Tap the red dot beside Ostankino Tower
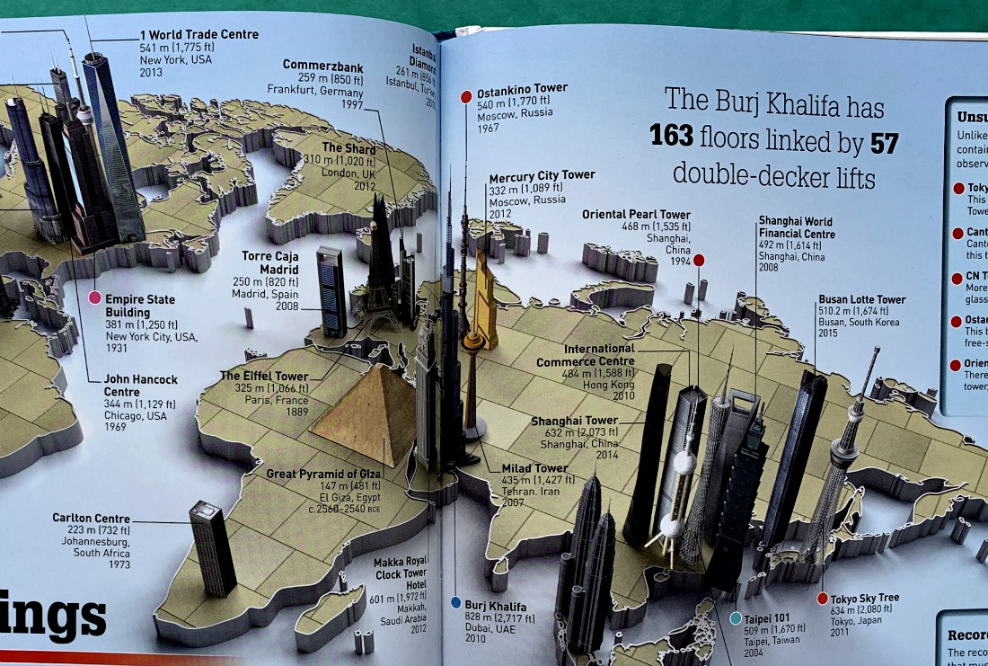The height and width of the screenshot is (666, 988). coord(466,96)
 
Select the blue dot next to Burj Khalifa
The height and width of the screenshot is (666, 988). coord(455,602)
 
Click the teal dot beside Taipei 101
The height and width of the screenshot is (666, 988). coord(736,617)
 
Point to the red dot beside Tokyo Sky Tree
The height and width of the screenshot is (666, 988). coord(822,598)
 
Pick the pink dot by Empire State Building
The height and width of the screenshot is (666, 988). coord(93,297)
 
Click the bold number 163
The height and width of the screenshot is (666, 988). coord(672,137)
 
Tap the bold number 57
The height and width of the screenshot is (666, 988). coord(885,144)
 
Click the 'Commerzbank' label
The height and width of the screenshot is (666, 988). coord(322,65)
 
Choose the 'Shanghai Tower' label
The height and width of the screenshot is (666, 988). coord(575,421)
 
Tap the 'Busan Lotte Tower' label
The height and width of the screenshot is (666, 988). coord(861,299)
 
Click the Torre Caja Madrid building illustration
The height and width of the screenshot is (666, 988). coord(331,291)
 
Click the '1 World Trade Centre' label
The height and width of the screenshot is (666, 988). coord(198,35)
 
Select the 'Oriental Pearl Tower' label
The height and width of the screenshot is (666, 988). coord(636,215)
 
